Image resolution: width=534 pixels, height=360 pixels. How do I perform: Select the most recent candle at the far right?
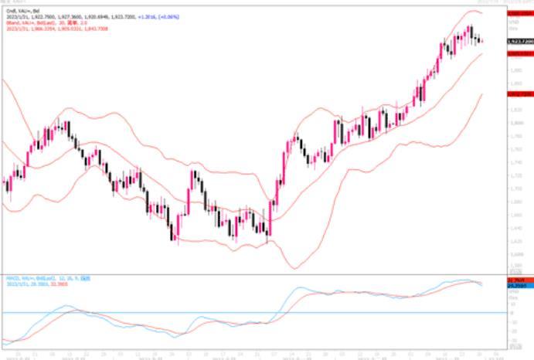482,41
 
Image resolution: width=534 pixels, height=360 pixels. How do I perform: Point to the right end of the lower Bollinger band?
483,94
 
